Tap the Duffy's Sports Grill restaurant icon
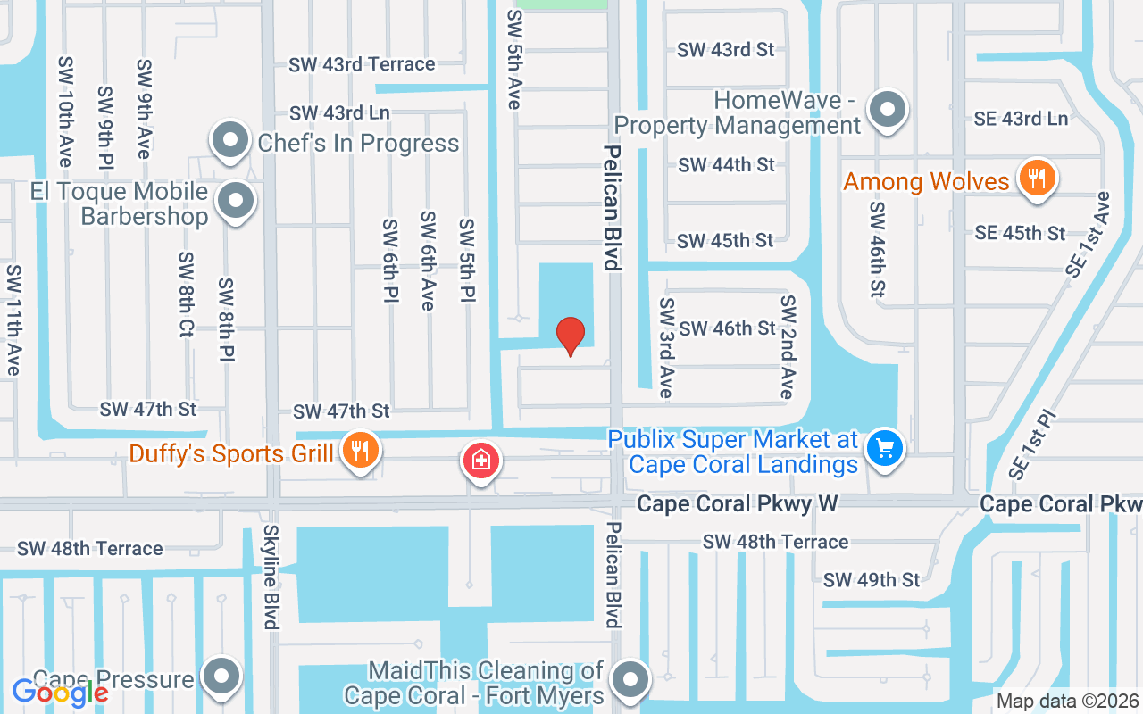(x=359, y=451)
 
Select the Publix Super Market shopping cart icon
(x=885, y=448)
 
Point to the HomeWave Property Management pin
(x=888, y=111)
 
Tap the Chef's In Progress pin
(x=231, y=140)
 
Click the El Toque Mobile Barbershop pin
(x=236, y=201)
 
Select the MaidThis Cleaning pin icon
(x=631, y=680)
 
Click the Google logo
(x=61, y=692)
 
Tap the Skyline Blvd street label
(x=271, y=577)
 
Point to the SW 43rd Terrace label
(x=362, y=64)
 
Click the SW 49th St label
(x=871, y=580)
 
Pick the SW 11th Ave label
(x=13, y=320)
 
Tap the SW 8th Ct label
(x=186, y=295)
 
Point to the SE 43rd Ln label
(x=1022, y=118)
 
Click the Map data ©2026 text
(x=1068, y=702)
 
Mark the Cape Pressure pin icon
(x=221, y=677)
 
